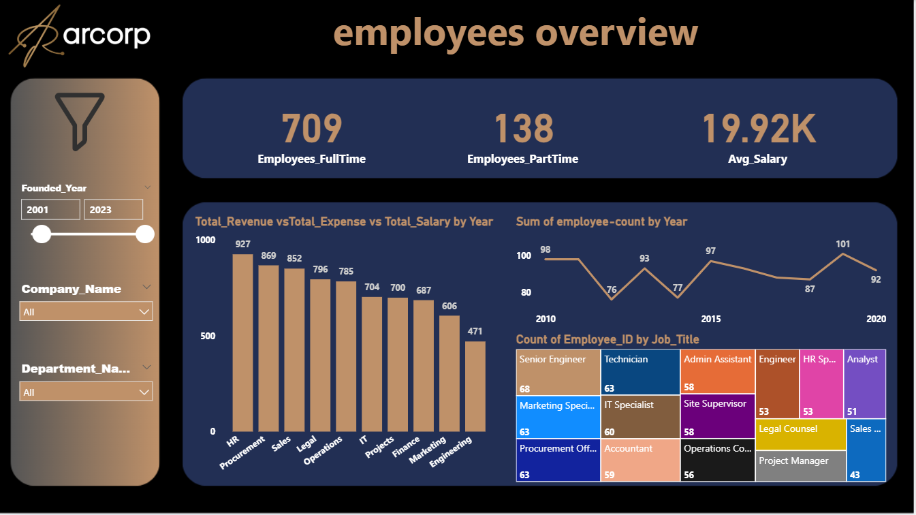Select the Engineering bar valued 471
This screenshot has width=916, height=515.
(475, 386)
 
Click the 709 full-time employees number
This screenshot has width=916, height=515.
(311, 129)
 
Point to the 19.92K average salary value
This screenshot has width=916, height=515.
(757, 129)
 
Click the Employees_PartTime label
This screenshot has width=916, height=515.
(522, 159)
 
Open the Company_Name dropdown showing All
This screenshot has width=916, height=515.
(86, 312)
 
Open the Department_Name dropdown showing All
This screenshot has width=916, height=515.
(86, 392)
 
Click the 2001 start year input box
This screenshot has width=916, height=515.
(50, 210)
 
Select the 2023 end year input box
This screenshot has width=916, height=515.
(113, 210)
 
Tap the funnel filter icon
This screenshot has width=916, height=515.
(79, 121)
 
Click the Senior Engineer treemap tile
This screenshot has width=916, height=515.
(558, 372)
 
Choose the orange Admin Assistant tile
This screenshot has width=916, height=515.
(718, 372)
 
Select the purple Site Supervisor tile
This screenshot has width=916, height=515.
(718, 416)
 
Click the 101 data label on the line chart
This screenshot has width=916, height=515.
(843, 245)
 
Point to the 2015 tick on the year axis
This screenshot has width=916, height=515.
(711, 319)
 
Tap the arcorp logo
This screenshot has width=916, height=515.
(80, 35)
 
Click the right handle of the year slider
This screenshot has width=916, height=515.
(145, 234)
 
